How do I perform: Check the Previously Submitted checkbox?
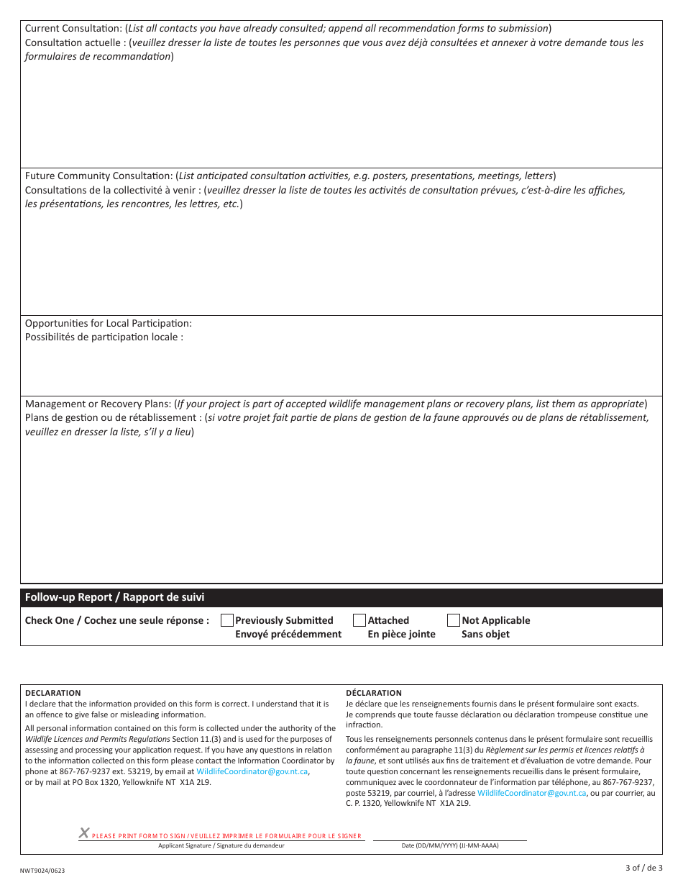point(227,620)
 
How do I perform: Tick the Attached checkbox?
point(359,620)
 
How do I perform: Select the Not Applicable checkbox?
point(454,620)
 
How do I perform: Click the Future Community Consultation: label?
point(100,176)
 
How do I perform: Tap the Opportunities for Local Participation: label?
point(109,324)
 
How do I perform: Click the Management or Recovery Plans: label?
point(99,404)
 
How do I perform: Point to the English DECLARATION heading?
point(53,693)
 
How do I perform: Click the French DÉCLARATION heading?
point(374,693)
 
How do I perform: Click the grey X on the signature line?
point(84,833)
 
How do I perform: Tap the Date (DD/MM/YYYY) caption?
point(450,845)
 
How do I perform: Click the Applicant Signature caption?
point(221,845)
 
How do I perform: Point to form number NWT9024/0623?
point(42,871)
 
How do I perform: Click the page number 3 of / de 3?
point(643,868)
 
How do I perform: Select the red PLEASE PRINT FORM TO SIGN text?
point(226,836)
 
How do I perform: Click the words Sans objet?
point(485,634)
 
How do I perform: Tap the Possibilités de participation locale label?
point(104,337)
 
